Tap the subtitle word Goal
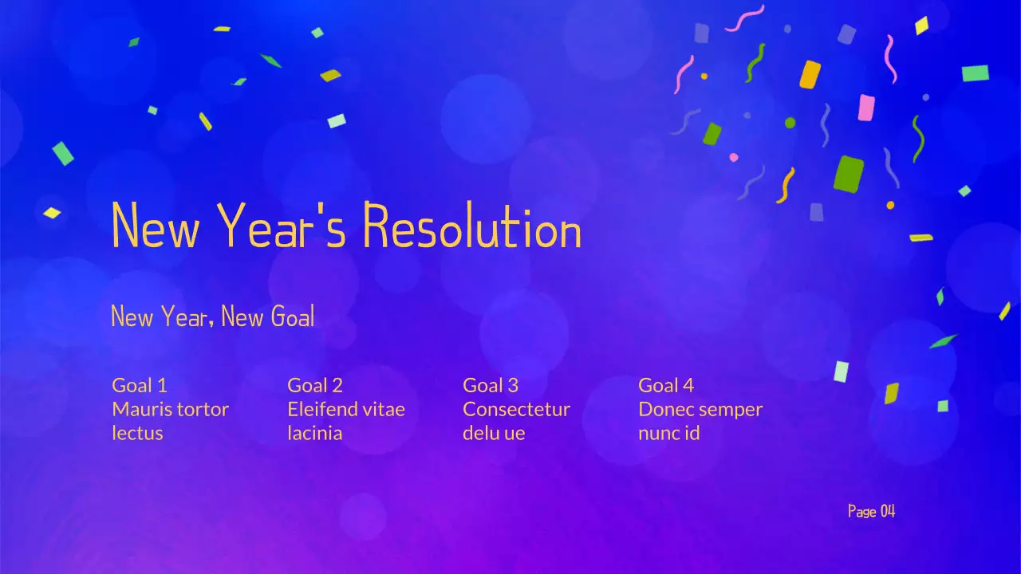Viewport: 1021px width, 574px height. (x=293, y=316)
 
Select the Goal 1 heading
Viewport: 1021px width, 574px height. (x=140, y=386)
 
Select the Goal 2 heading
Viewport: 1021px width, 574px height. (x=315, y=386)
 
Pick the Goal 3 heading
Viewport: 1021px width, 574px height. (x=491, y=386)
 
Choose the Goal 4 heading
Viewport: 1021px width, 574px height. (x=666, y=386)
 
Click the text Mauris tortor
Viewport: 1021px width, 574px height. (x=170, y=410)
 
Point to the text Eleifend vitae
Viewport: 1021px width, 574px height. (x=346, y=410)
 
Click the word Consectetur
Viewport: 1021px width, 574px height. (x=516, y=410)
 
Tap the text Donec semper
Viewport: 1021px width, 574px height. (x=700, y=410)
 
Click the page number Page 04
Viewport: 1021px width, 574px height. (x=871, y=511)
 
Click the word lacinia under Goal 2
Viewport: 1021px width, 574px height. (x=314, y=434)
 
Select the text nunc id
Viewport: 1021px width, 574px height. (x=668, y=434)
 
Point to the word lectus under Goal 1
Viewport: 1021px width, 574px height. (x=137, y=434)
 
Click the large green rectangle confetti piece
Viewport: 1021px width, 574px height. (x=849, y=174)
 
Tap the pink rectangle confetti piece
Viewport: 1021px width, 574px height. (x=866, y=108)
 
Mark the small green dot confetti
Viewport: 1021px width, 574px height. (x=790, y=123)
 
